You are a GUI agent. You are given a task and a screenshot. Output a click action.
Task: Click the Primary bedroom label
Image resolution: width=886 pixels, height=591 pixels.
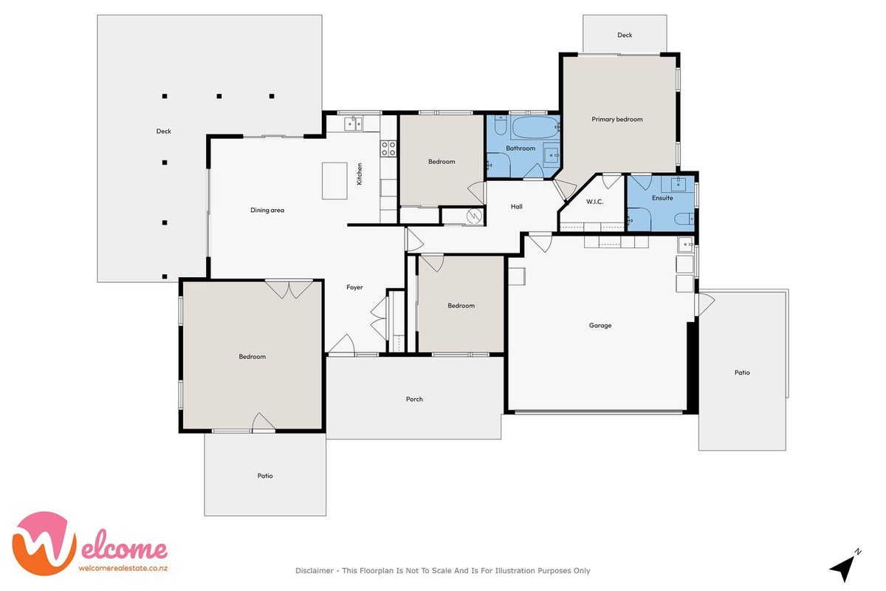pyautogui.click(x=617, y=119)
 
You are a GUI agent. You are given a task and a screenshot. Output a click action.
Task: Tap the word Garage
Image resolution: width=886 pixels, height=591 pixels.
pyautogui.click(x=600, y=325)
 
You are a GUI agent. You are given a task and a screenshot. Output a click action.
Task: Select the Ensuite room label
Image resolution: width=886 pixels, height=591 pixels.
pyautogui.click(x=662, y=198)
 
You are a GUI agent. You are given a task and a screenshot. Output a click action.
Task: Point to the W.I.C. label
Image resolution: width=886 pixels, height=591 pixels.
pyautogui.click(x=594, y=202)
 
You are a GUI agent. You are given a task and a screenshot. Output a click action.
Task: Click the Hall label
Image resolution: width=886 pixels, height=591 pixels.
pyautogui.click(x=517, y=207)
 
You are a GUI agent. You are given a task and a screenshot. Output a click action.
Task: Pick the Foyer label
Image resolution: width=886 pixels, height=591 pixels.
pyautogui.click(x=354, y=287)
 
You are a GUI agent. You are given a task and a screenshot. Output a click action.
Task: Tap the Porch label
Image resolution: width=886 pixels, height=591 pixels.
pyautogui.click(x=414, y=399)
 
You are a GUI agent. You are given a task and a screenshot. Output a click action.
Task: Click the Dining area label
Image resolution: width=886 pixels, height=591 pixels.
pyautogui.click(x=267, y=211)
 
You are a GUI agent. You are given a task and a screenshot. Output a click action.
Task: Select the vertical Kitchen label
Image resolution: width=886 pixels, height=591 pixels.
pyautogui.click(x=359, y=174)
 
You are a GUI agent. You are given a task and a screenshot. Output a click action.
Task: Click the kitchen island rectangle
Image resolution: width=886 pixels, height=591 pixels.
pyautogui.click(x=334, y=180)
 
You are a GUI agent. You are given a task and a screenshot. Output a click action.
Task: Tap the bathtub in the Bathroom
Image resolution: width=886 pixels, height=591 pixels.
pyautogui.click(x=535, y=127)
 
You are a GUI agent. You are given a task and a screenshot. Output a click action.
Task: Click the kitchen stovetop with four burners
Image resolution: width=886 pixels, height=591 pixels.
pyautogui.click(x=388, y=148)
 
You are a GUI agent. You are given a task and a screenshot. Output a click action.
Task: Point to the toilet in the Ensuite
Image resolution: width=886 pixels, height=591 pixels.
pyautogui.click(x=684, y=219)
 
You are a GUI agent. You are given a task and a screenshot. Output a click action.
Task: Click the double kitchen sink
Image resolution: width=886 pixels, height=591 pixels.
pyautogui.click(x=353, y=123)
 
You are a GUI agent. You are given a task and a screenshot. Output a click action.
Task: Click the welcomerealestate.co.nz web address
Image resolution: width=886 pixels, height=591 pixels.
pyautogui.click(x=123, y=568)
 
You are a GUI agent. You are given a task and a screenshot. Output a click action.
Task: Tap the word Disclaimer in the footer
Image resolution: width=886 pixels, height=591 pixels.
pyautogui.click(x=315, y=571)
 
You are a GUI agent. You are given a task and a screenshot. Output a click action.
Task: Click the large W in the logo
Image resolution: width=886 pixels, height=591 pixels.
pyautogui.click(x=44, y=544)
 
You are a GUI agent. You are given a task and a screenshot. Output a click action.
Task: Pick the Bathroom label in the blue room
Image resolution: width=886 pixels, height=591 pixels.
pyautogui.click(x=521, y=148)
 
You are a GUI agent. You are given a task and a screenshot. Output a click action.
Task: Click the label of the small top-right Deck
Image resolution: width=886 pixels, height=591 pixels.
pyautogui.click(x=625, y=35)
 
